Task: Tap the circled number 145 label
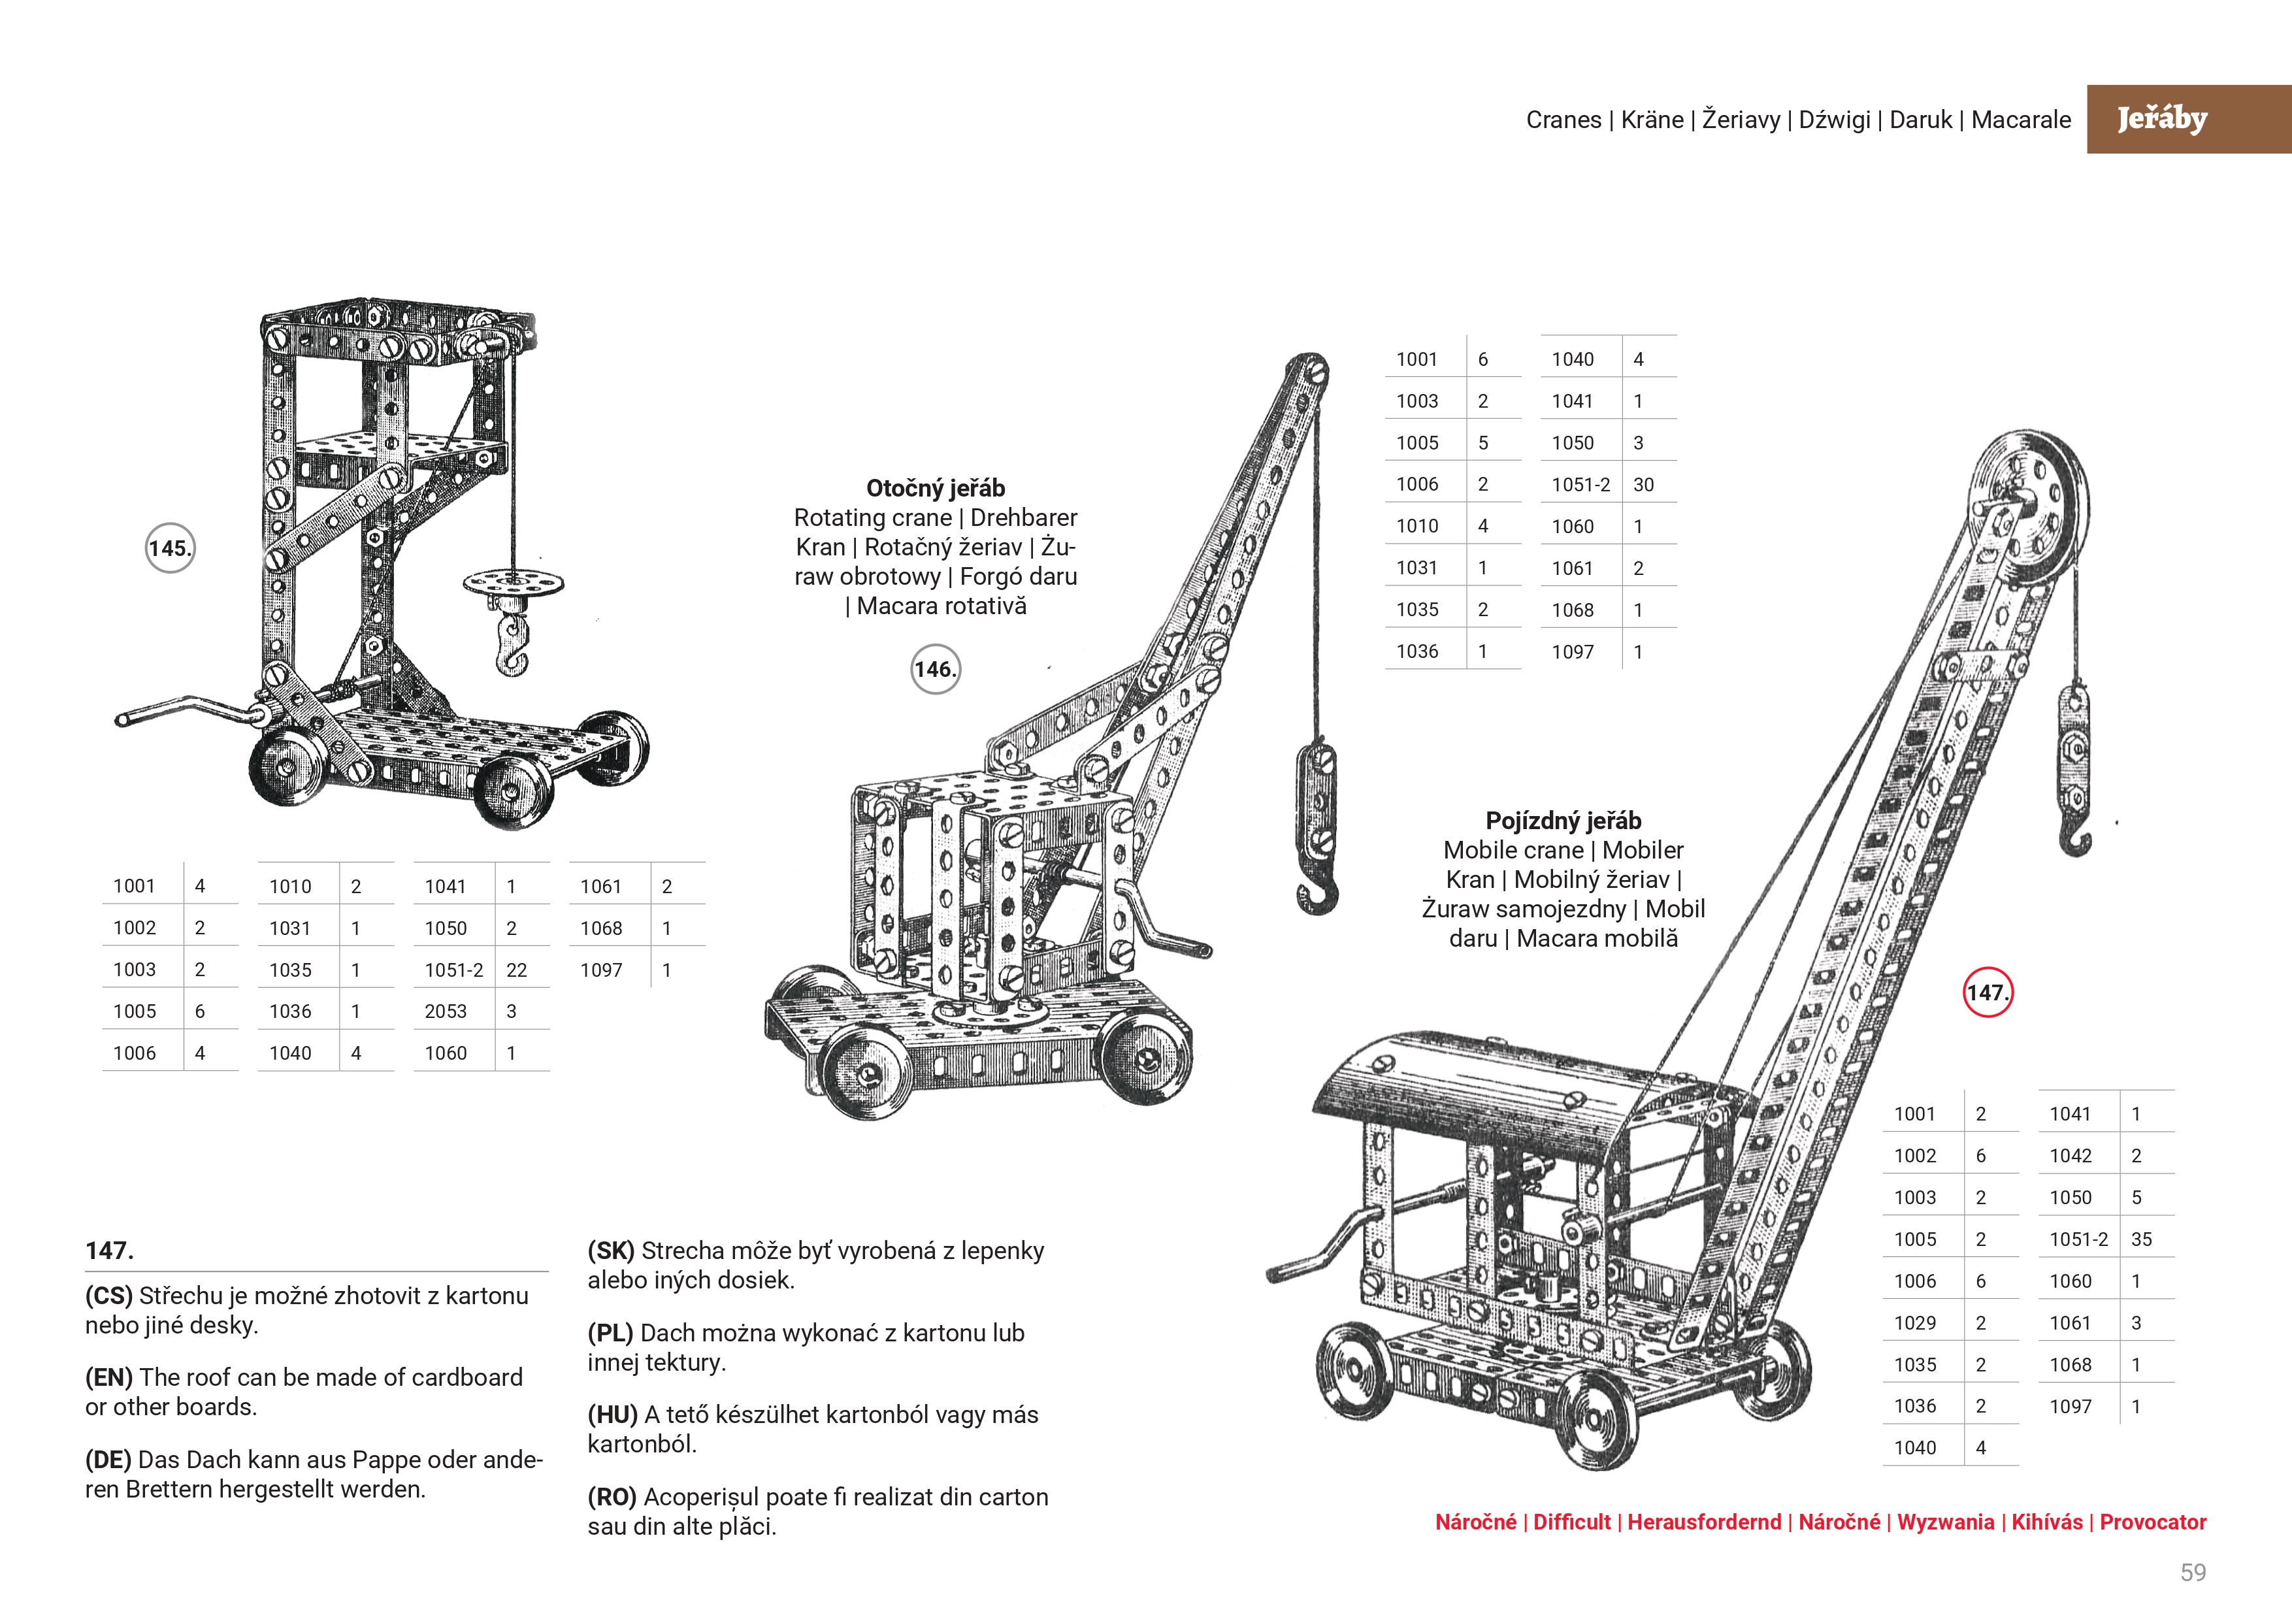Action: (x=170, y=548)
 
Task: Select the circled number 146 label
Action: (x=936, y=669)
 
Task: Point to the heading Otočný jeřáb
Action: (x=936, y=488)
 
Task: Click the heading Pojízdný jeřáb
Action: (x=1563, y=821)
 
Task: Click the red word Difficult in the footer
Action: (x=1571, y=1522)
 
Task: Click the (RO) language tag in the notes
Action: (x=612, y=1498)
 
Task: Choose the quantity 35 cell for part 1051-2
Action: (x=2141, y=1239)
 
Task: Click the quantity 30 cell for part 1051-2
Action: (x=1643, y=485)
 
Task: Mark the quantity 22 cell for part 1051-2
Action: (x=516, y=970)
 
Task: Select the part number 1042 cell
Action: (x=2071, y=1156)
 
